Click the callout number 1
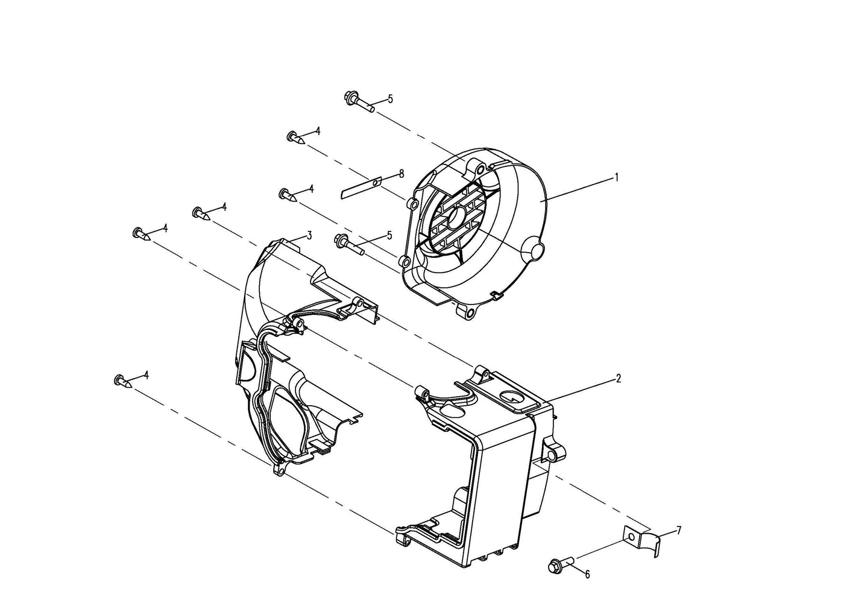(616, 177)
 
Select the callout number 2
(618, 379)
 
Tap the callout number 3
(309, 236)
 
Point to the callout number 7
(679, 531)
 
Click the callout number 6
(587, 574)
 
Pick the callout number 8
(402, 174)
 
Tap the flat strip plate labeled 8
(361, 188)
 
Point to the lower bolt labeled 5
(349, 244)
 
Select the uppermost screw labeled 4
(296, 138)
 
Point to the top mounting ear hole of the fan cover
(479, 170)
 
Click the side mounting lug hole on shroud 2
(552, 456)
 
